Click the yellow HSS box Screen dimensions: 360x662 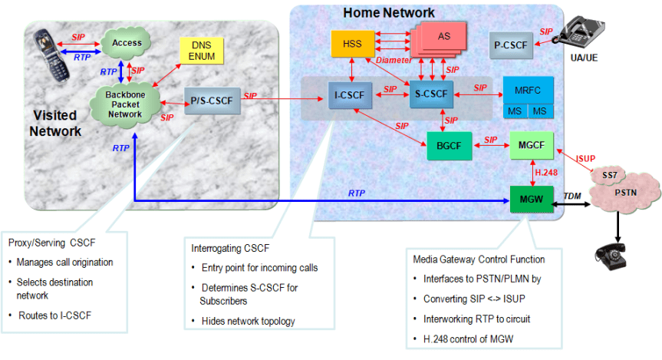coord(353,43)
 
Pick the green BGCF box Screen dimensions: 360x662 coord(449,146)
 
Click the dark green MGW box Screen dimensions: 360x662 coord(531,198)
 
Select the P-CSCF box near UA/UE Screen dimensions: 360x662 coord(510,45)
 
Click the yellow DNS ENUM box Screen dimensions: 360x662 coord(200,51)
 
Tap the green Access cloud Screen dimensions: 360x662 coord(127,43)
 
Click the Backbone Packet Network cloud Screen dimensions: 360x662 coord(124,104)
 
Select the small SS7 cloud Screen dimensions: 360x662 coord(609,175)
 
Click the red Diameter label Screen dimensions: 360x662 coord(394,60)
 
